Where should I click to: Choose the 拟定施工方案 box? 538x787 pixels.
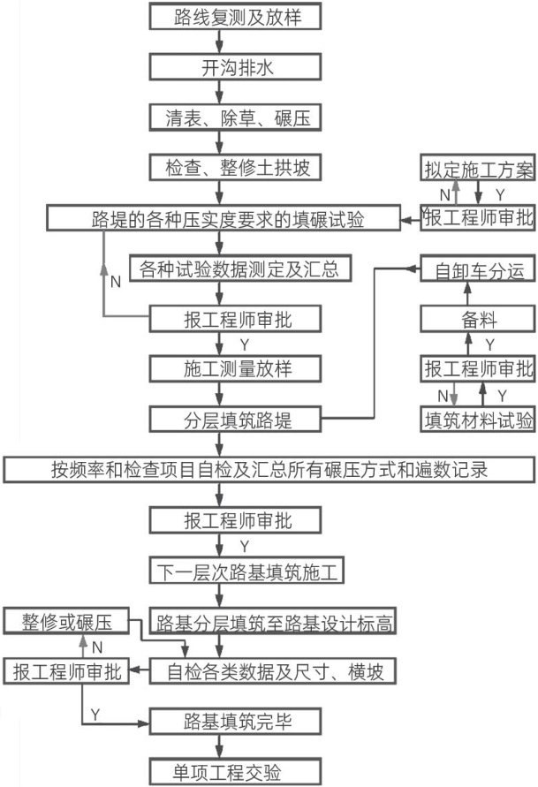click(477, 168)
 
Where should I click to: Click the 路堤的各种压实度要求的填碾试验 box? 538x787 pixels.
click(229, 217)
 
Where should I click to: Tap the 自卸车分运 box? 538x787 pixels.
click(477, 271)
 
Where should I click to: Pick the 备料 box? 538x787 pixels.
click(477, 319)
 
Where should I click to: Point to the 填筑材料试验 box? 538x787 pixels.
click(477, 420)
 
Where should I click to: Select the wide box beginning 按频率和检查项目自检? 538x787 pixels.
click(269, 469)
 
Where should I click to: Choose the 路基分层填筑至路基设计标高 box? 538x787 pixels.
click(273, 622)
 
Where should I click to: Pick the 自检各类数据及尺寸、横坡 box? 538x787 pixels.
click(273, 671)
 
